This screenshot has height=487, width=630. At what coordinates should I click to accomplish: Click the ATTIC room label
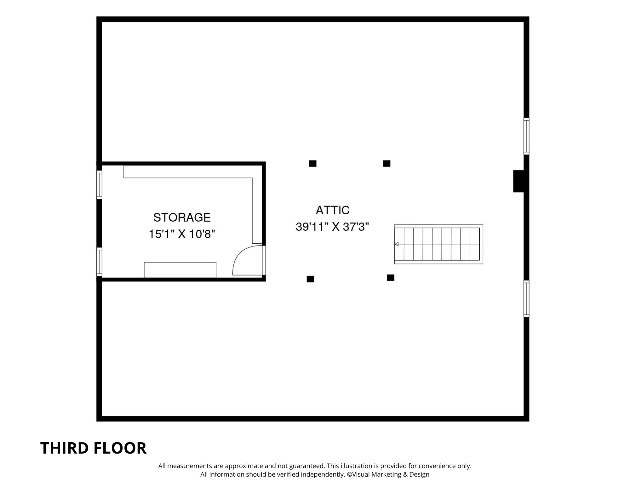pos(333,210)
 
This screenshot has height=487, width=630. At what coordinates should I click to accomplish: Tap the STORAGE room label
pos(182,217)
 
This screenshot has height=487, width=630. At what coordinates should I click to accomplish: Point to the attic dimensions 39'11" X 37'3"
pos(332,227)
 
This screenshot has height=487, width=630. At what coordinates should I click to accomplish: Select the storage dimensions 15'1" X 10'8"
pos(182,234)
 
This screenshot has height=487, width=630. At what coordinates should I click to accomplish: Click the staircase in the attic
pos(438,244)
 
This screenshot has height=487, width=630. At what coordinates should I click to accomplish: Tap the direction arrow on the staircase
pos(397,244)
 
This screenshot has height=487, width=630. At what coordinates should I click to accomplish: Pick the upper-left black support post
pos(312,164)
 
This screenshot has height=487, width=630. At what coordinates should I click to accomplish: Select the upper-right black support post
pos(387,164)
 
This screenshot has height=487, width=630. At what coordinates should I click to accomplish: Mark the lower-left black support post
pos(310,279)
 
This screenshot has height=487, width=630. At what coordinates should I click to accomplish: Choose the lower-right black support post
pos(390,278)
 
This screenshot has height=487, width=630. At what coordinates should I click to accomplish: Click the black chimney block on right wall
pos(518,181)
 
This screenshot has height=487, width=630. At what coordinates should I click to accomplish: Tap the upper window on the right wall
pos(526,136)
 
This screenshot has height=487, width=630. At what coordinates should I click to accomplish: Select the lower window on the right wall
pos(526,299)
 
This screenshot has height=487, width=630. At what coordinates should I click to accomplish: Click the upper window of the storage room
pos(99,185)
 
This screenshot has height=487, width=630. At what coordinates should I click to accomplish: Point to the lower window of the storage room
pos(99,262)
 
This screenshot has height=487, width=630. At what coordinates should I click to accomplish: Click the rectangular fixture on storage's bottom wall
pos(180,270)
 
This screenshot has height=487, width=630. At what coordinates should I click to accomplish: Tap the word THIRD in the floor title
pos(63,448)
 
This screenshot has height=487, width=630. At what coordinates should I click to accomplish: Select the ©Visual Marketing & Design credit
pos(388,474)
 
